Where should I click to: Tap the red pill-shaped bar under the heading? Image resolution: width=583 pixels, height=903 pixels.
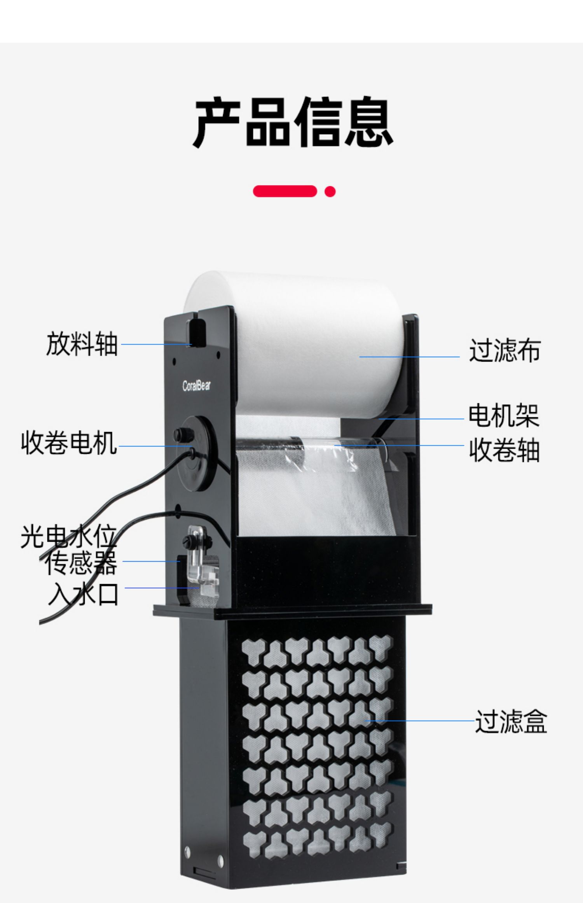pos(285,191)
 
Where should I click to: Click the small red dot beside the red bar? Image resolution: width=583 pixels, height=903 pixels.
pos(330,191)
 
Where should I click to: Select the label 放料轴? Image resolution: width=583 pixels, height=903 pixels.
pos(82,344)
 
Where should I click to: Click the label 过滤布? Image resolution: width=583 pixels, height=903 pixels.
pos(504,350)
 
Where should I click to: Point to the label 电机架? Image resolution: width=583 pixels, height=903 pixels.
pos(503,416)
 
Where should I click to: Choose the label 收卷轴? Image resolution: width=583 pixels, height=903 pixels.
pos(504,450)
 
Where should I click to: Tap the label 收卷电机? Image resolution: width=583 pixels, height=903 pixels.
pos(69,443)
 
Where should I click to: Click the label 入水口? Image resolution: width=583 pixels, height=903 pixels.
pos(83,594)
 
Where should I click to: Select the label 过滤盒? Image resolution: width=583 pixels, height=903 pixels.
pos(511,721)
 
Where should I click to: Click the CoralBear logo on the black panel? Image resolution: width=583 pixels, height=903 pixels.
pos(197,386)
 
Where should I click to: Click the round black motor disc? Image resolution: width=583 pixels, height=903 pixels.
pos(196,453)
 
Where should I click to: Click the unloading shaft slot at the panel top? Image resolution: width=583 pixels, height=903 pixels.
pos(197,332)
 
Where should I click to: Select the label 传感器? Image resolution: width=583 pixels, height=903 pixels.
pos(81,563)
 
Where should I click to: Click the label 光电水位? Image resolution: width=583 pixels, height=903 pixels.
pos(68,537)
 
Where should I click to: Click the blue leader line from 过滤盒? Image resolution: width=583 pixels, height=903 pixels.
pos(420,721)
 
